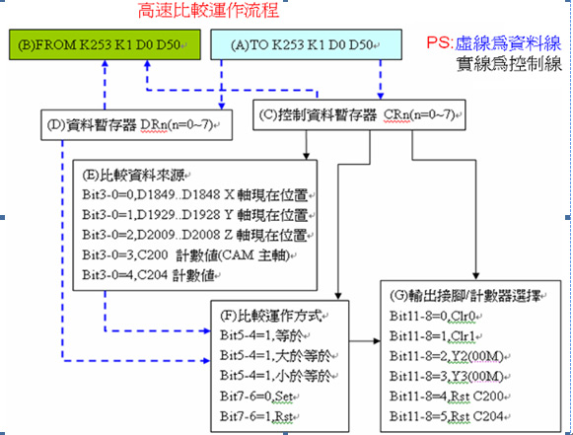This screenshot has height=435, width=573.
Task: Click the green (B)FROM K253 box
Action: (x=105, y=44)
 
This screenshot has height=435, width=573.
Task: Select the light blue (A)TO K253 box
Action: (x=307, y=44)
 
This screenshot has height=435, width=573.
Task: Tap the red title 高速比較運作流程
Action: (x=209, y=10)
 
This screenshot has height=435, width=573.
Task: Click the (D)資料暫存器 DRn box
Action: (x=136, y=125)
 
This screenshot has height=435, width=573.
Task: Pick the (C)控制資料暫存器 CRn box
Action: (x=359, y=114)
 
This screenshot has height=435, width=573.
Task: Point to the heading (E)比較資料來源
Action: (x=134, y=176)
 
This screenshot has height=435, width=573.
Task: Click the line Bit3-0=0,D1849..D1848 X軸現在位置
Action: (x=195, y=195)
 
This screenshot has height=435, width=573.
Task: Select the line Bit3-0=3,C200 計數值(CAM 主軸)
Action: (x=186, y=254)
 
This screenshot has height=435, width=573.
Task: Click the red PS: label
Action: (x=440, y=42)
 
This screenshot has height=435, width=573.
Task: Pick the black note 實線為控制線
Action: (x=509, y=64)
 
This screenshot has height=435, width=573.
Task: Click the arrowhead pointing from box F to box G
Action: (x=377, y=341)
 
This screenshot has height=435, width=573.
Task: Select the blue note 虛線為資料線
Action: (x=508, y=43)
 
